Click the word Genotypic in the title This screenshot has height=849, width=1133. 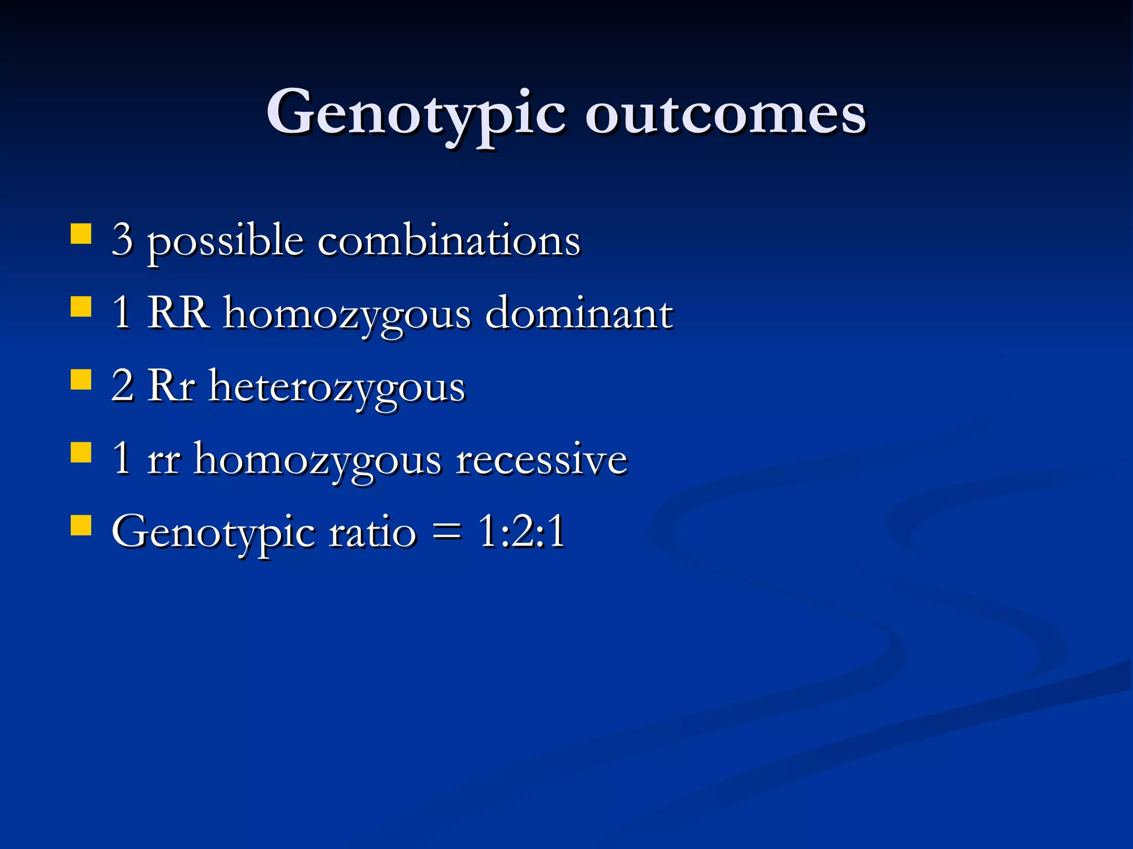(x=416, y=113)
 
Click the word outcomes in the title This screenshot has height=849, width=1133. (x=725, y=113)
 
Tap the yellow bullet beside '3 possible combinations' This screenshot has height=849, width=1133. (x=81, y=233)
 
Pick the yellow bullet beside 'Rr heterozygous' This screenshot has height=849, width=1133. (x=81, y=380)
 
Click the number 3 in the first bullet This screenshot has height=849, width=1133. (x=122, y=239)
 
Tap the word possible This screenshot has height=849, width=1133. (x=225, y=242)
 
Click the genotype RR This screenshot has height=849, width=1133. (x=178, y=312)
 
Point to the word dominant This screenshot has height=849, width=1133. (x=579, y=312)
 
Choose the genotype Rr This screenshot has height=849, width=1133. (x=171, y=386)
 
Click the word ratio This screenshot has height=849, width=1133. (x=372, y=532)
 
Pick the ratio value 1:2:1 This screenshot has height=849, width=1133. (x=522, y=531)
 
